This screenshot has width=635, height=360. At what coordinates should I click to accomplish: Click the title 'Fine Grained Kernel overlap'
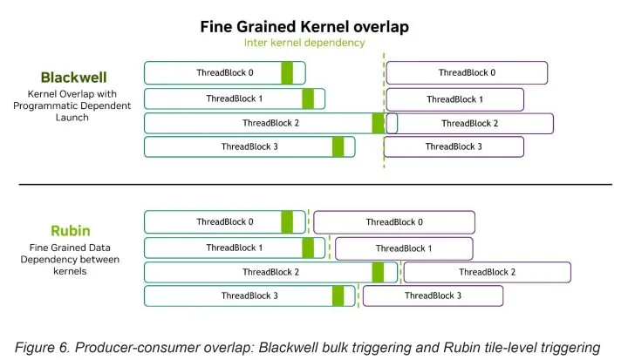pos(304,27)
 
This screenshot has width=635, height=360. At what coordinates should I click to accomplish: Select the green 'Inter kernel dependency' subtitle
pos(304,43)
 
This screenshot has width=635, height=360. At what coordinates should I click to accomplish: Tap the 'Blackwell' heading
pos(73,78)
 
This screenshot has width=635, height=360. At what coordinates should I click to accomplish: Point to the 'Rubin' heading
pos(71,231)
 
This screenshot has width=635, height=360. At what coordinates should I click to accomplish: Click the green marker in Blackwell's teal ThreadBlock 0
pos(287,73)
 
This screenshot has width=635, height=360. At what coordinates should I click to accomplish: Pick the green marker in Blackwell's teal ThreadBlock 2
pos(378,124)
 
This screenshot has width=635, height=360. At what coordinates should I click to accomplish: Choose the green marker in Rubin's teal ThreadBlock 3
pos(338,296)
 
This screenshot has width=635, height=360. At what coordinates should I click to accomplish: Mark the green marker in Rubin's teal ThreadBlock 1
pos(308,248)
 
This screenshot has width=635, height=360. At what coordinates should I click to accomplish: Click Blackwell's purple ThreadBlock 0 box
pos(467,73)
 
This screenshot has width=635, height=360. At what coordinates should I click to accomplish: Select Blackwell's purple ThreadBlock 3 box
pos(454,146)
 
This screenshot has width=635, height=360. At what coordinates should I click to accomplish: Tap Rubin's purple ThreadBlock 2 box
pos(488,272)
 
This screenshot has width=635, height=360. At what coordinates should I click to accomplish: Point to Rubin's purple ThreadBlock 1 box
pos(404,248)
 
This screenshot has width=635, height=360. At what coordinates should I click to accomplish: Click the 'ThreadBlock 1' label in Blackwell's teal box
pos(235,98)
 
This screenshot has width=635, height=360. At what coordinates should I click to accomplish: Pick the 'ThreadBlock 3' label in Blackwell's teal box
pos(249,146)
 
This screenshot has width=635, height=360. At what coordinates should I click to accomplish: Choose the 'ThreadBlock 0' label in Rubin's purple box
pos(394,222)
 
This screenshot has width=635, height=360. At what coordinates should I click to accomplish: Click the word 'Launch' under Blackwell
pos(72,118)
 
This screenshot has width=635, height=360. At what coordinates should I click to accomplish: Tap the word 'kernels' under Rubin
pos(70,271)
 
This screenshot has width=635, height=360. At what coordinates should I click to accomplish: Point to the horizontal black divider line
pos(316,185)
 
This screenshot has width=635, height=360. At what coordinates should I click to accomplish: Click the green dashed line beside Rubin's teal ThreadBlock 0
pos(309,221)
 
